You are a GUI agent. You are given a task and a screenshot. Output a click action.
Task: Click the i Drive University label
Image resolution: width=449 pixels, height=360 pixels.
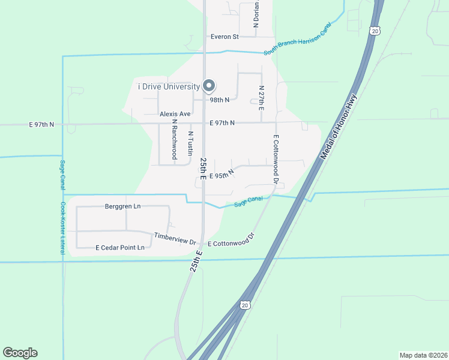pyautogui.click(x=169, y=87)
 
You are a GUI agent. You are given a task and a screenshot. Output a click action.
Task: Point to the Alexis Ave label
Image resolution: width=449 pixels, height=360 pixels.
pyautogui.click(x=175, y=113)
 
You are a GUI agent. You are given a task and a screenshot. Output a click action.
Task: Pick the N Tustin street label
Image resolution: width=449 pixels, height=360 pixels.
pyautogui.click(x=190, y=142)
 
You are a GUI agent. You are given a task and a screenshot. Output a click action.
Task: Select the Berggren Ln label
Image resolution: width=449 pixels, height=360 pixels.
pyautogui.click(x=122, y=206)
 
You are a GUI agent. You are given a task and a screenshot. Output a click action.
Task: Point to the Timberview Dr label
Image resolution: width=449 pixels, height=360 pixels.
pyautogui.click(x=175, y=238)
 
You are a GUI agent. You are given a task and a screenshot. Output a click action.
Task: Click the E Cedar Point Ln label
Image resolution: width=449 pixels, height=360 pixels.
pyautogui.click(x=120, y=247)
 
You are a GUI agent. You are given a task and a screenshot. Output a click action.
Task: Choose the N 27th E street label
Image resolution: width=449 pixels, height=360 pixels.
pyautogui.click(x=261, y=97)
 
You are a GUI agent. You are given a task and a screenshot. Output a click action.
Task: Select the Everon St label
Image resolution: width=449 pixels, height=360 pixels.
pyautogui.click(x=224, y=37)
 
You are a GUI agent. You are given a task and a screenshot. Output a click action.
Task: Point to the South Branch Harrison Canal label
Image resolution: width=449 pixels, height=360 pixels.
pyautogui.click(x=297, y=41)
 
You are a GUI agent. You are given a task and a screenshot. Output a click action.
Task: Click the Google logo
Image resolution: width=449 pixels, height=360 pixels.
pyautogui.click(x=20, y=353)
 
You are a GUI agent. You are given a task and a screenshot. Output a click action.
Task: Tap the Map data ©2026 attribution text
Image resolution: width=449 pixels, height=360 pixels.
pyautogui.click(x=423, y=355)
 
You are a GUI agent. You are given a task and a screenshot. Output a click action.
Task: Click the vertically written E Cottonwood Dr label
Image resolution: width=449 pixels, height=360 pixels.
pyautogui.click(x=276, y=158)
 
